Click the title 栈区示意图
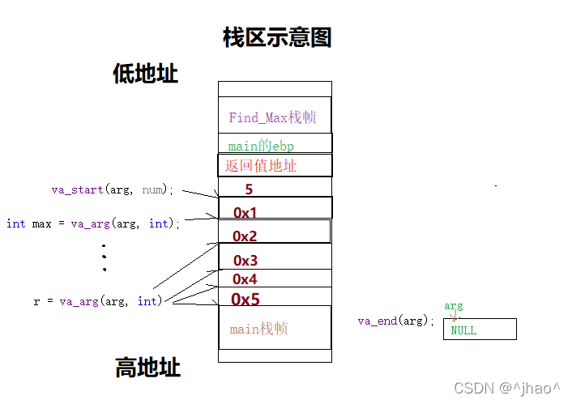(277, 37)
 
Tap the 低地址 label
(145, 74)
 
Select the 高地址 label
(147, 368)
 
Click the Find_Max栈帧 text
(272, 117)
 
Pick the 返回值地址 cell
(262, 166)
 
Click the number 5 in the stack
(249, 190)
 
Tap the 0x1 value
(245, 213)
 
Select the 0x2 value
(245, 236)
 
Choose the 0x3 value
(245, 261)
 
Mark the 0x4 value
(245, 279)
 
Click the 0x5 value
(245, 300)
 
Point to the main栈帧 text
(258, 329)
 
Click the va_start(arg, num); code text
(113, 189)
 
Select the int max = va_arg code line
(93, 223)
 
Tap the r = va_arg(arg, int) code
(98, 301)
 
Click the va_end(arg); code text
(396, 321)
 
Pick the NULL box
(479, 330)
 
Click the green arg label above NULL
(453, 306)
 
